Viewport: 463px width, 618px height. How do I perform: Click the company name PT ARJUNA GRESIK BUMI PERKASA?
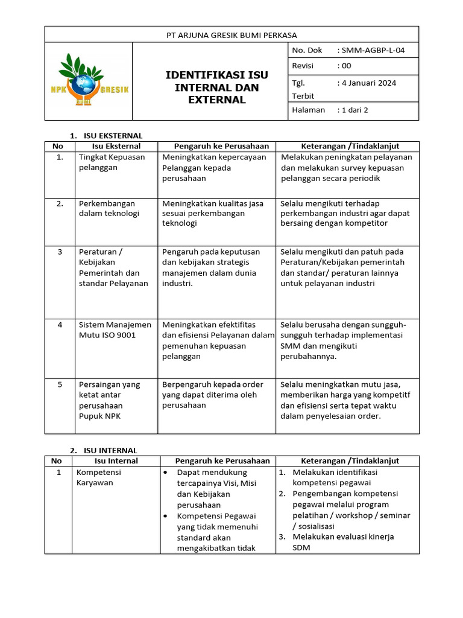click(x=231, y=35)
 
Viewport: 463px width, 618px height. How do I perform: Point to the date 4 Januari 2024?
click(x=370, y=83)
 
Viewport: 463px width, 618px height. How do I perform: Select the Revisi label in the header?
click(x=303, y=66)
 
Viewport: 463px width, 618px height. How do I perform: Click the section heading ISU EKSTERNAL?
click(x=112, y=136)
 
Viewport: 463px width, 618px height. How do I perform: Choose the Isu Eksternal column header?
click(x=116, y=146)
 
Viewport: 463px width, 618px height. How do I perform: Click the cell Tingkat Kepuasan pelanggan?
click(x=112, y=162)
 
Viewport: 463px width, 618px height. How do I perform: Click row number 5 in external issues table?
click(x=60, y=384)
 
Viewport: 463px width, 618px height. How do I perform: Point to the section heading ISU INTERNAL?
click(x=109, y=450)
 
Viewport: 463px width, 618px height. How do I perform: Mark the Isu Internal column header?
click(x=116, y=460)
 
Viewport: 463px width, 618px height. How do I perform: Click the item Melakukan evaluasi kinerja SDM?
click(x=343, y=543)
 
